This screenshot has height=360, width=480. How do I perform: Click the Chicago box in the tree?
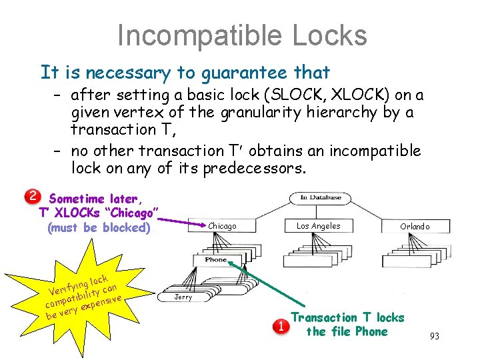[222, 227]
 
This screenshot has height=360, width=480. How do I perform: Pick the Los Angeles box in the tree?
[318, 227]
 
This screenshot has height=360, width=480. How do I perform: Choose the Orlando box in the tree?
[415, 227]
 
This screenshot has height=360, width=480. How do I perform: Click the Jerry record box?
[183, 297]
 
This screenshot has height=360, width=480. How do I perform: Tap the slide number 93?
[434, 336]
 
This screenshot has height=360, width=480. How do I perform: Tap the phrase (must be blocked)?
[99, 227]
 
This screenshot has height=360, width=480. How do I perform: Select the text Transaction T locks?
[347, 317]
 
